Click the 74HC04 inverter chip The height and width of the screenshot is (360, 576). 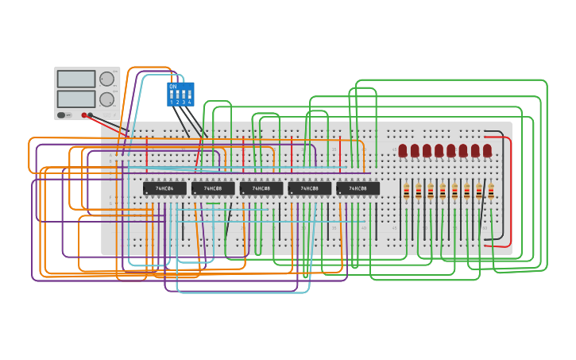[164, 188]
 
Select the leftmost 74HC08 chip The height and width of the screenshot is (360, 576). [213, 188]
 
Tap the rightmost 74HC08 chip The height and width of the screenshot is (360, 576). [358, 188]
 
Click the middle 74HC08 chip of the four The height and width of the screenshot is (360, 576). [261, 188]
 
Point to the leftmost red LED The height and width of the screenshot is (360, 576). [403, 150]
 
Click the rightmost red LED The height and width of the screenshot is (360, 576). [487, 150]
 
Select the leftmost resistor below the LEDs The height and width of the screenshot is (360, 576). [406, 191]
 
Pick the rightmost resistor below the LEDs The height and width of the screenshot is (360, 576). [491, 191]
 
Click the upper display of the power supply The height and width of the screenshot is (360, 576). [76, 79]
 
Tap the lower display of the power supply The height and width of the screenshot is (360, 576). [76, 99]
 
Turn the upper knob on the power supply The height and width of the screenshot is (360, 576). [106, 79]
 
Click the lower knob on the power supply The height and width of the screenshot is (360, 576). [106, 99]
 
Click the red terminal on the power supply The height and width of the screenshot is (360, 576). [83, 115]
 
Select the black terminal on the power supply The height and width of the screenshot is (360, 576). [91, 115]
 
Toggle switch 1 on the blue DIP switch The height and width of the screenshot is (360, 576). [172, 95]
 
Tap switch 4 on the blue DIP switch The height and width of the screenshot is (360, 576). [189, 95]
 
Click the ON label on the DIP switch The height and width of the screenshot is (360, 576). [172, 86]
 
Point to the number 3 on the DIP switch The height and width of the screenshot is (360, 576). [184, 103]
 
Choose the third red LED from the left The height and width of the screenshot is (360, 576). [427, 150]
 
